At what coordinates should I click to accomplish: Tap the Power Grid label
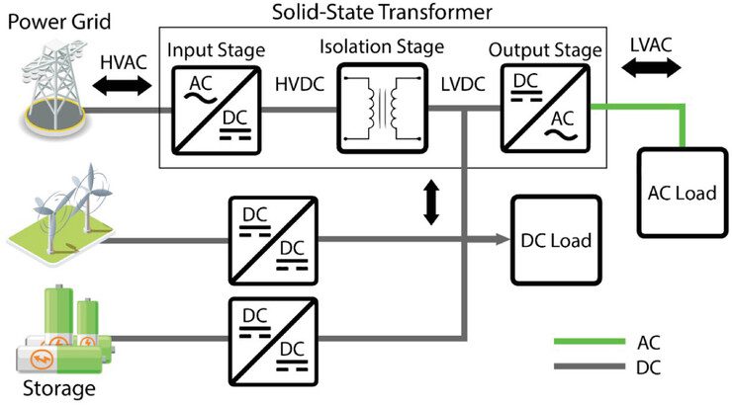[56, 19]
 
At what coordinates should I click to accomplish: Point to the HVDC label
[299, 86]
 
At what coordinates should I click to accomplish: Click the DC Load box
[555, 239]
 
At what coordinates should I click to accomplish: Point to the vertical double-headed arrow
[430, 202]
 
